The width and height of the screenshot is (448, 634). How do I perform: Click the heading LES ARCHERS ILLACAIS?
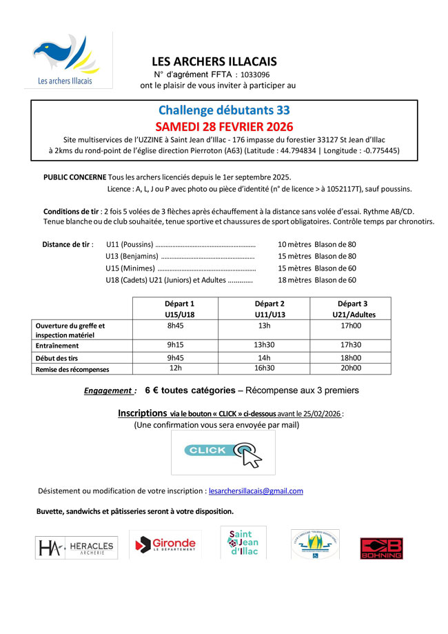click(x=214, y=61)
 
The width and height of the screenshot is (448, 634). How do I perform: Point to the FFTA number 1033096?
click(x=256, y=75)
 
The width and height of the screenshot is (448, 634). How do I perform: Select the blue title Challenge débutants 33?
click(x=224, y=110)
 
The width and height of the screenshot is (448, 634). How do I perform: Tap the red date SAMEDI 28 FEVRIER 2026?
click(x=224, y=126)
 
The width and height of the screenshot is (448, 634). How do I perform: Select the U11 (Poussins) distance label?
click(x=130, y=244)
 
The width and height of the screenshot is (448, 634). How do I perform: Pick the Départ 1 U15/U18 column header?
click(x=179, y=308)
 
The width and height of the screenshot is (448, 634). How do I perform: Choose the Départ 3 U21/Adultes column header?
click(x=351, y=308)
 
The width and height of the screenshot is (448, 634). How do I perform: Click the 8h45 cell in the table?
click(x=179, y=326)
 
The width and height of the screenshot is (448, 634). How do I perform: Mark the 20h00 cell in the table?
click(x=351, y=368)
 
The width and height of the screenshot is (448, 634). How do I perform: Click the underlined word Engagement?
click(x=109, y=390)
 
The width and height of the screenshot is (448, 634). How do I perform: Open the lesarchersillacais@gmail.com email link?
click(x=256, y=491)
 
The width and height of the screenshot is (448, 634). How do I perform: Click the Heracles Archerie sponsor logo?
click(x=76, y=548)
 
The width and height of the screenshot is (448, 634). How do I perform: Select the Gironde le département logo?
click(x=165, y=544)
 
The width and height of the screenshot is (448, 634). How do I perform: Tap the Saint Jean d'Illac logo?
click(x=243, y=543)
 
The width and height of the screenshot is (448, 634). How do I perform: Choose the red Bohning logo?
click(x=381, y=548)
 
